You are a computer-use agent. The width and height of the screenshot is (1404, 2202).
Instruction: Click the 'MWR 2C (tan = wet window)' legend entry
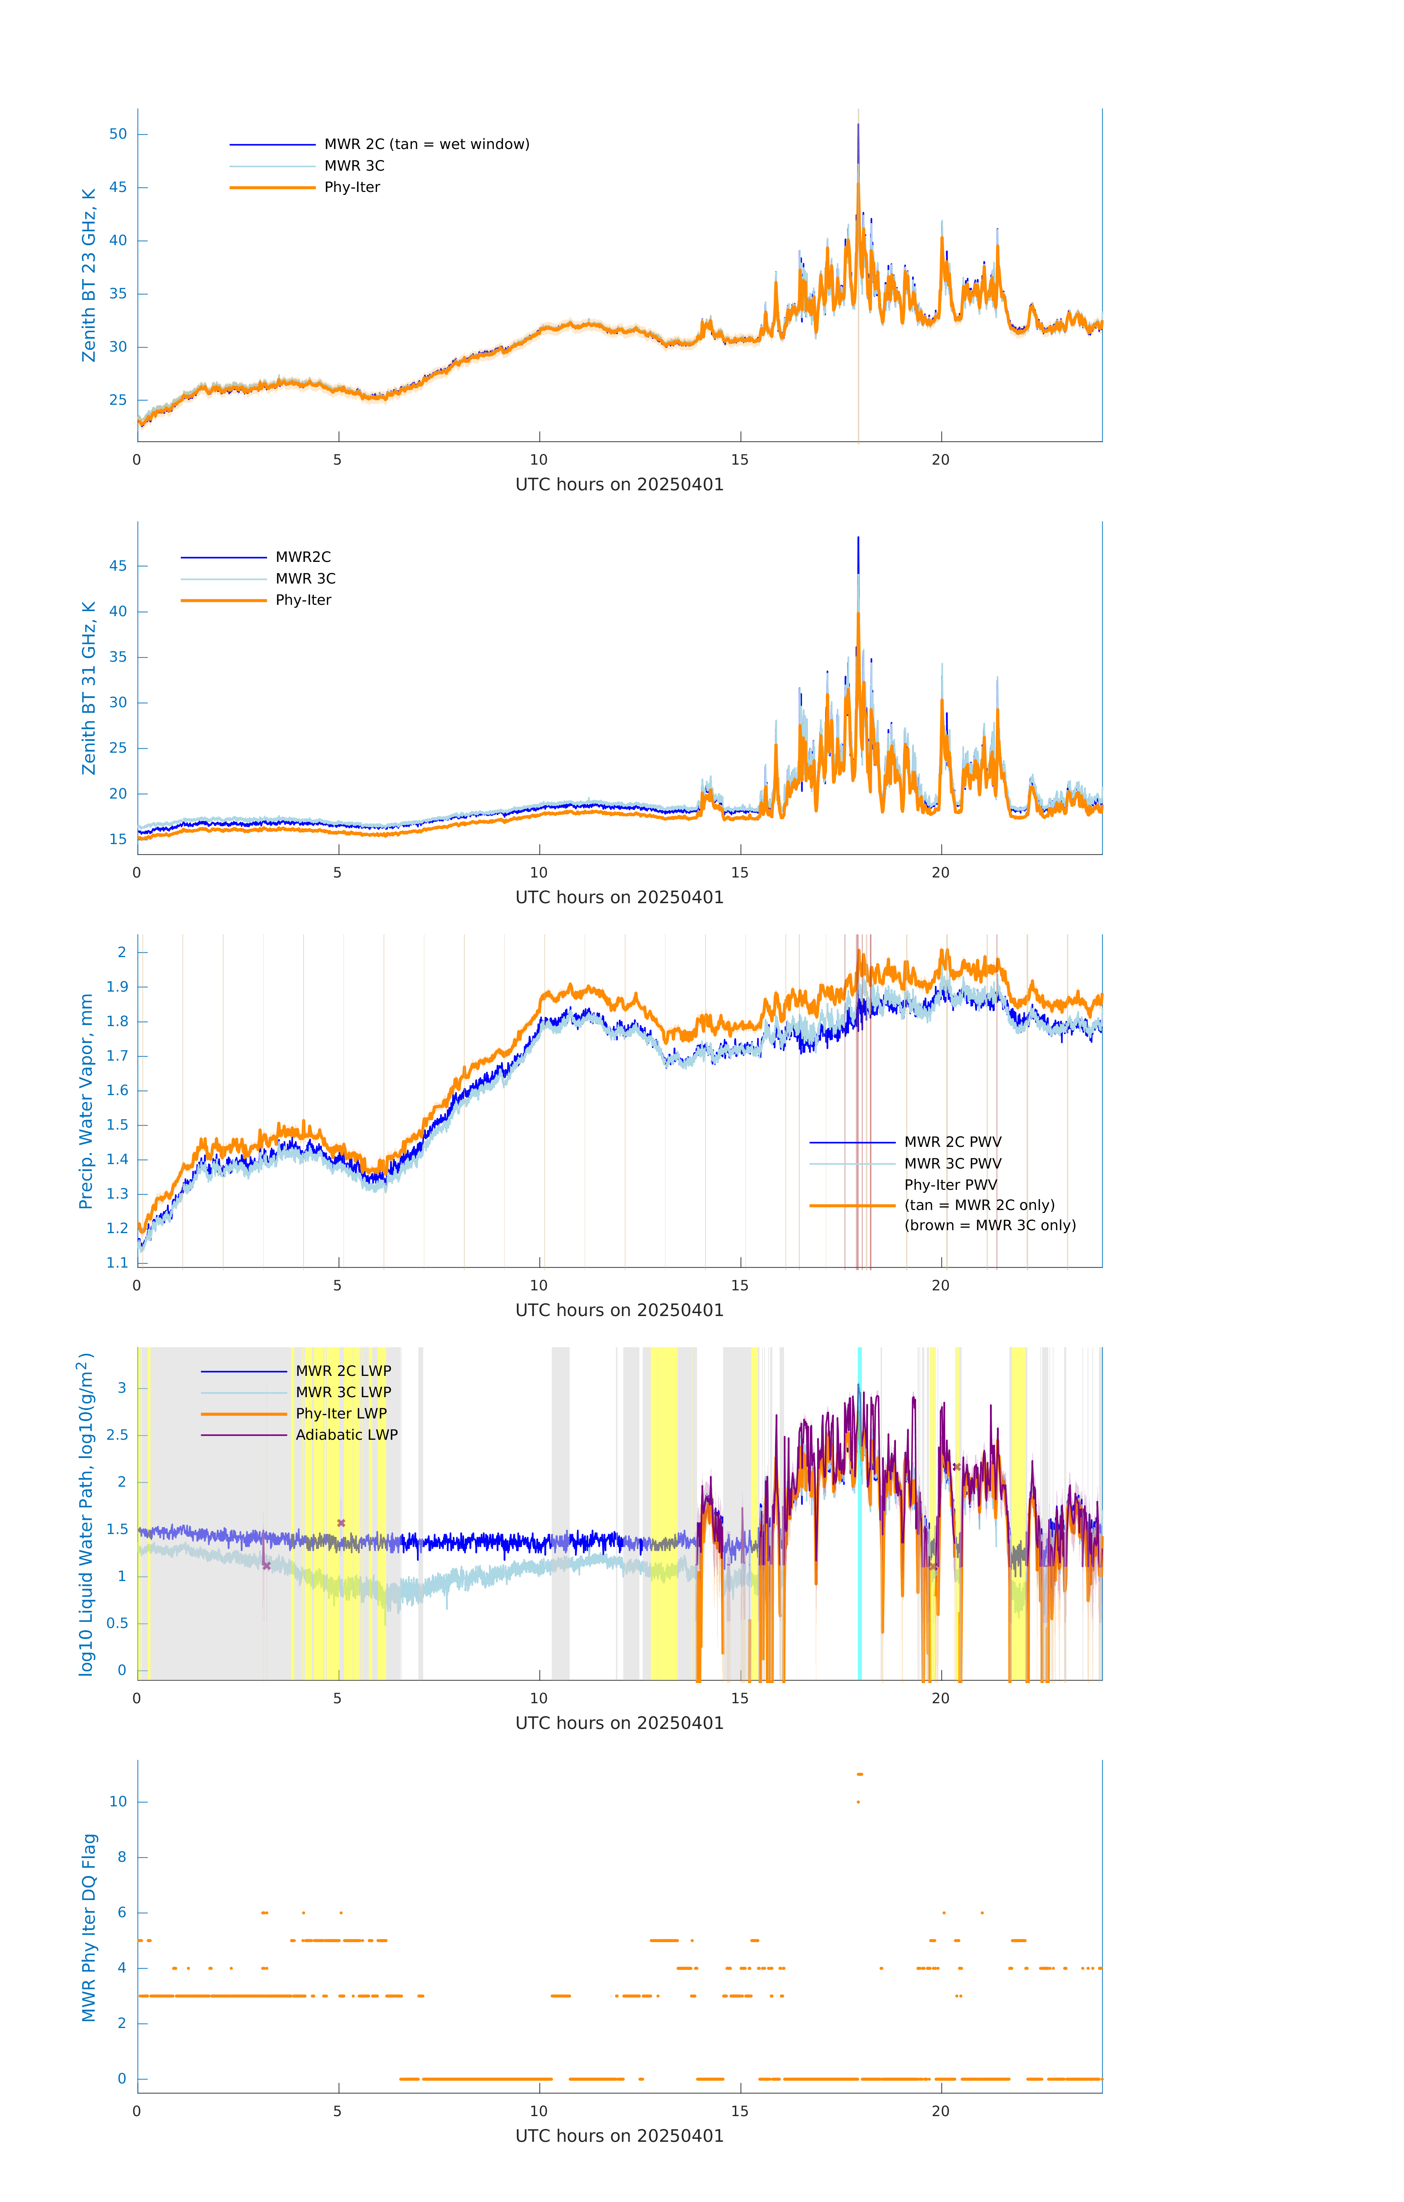click(x=426, y=145)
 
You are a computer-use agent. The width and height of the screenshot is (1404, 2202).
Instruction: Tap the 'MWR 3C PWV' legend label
click(x=952, y=1163)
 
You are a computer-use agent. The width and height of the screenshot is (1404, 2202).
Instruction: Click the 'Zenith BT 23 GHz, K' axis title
click(x=89, y=275)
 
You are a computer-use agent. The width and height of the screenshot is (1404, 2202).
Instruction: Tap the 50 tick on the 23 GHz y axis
click(x=118, y=134)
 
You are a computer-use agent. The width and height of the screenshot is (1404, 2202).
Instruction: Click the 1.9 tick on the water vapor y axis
click(x=117, y=987)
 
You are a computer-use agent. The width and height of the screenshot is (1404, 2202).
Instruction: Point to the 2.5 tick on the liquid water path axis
click(x=117, y=1435)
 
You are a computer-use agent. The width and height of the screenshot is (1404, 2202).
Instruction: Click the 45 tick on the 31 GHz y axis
click(x=118, y=566)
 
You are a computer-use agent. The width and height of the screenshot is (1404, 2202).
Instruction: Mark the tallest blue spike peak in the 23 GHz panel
click(x=858, y=125)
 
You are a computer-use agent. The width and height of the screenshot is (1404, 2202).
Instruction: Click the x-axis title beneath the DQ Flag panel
click(x=619, y=2136)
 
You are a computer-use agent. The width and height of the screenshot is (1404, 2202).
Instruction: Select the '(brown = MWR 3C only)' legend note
click(x=990, y=1225)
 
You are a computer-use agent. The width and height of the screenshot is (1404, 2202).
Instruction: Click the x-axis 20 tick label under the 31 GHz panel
click(x=940, y=872)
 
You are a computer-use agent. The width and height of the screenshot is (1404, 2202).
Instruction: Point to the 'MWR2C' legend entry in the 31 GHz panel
click(x=303, y=557)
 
